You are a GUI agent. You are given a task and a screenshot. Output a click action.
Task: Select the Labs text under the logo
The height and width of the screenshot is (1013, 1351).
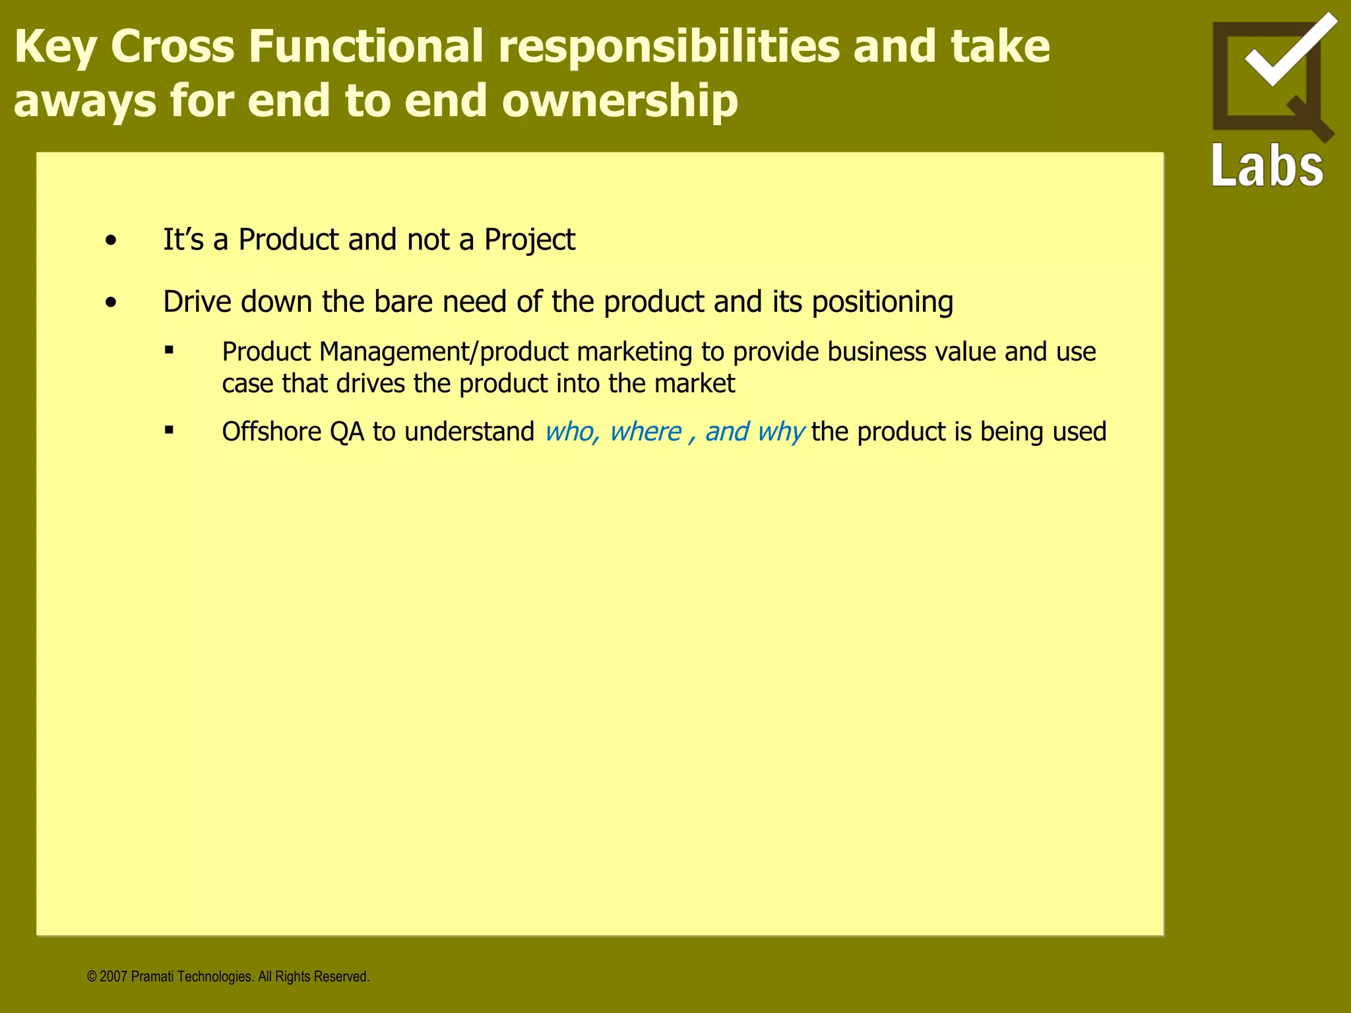click(1267, 166)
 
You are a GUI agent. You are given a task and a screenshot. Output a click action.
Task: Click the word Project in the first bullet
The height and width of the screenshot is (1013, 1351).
click(529, 240)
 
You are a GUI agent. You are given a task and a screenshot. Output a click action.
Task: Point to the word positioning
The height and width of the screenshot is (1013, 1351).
click(882, 302)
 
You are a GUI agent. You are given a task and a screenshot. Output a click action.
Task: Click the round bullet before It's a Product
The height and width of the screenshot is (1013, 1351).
click(111, 241)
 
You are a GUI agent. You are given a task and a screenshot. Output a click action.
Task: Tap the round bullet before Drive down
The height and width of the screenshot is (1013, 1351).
click(111, 303)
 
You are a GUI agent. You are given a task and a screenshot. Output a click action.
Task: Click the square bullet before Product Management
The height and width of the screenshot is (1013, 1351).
click(170, 351)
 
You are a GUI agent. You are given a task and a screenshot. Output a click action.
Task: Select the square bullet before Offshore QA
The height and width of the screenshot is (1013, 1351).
click(170, 431)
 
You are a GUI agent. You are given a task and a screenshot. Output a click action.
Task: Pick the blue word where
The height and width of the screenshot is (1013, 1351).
click(645, 432)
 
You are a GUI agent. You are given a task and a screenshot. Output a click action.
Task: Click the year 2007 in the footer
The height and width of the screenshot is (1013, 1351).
click(113, 977)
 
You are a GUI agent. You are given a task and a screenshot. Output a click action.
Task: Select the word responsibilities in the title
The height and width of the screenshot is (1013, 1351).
click(669, 46)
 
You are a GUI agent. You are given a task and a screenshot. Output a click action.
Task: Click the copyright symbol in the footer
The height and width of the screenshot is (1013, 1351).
click(92, 977)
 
